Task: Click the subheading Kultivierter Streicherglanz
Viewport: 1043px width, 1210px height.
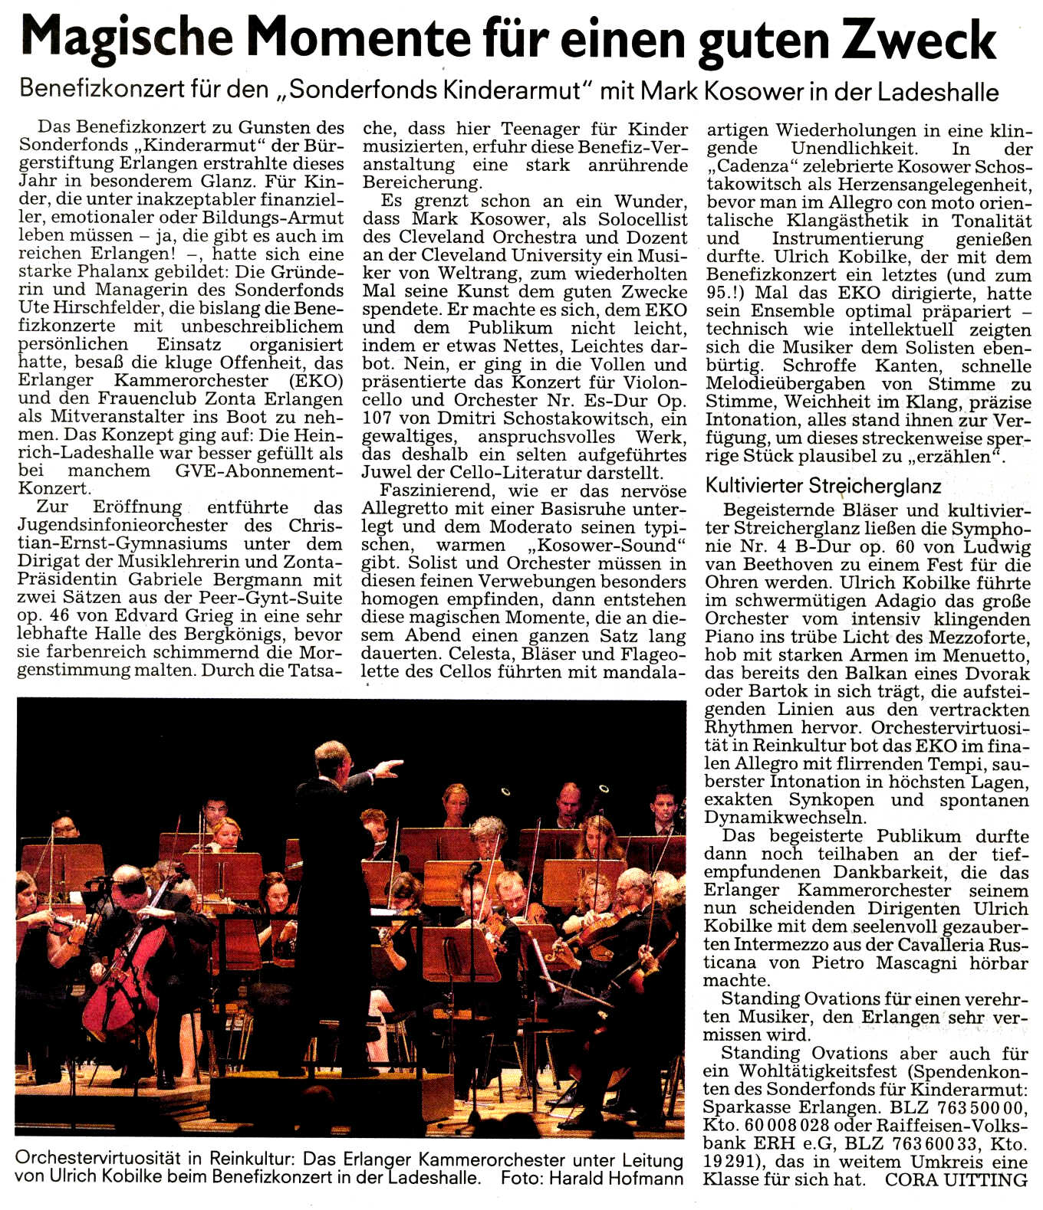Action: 823,486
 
